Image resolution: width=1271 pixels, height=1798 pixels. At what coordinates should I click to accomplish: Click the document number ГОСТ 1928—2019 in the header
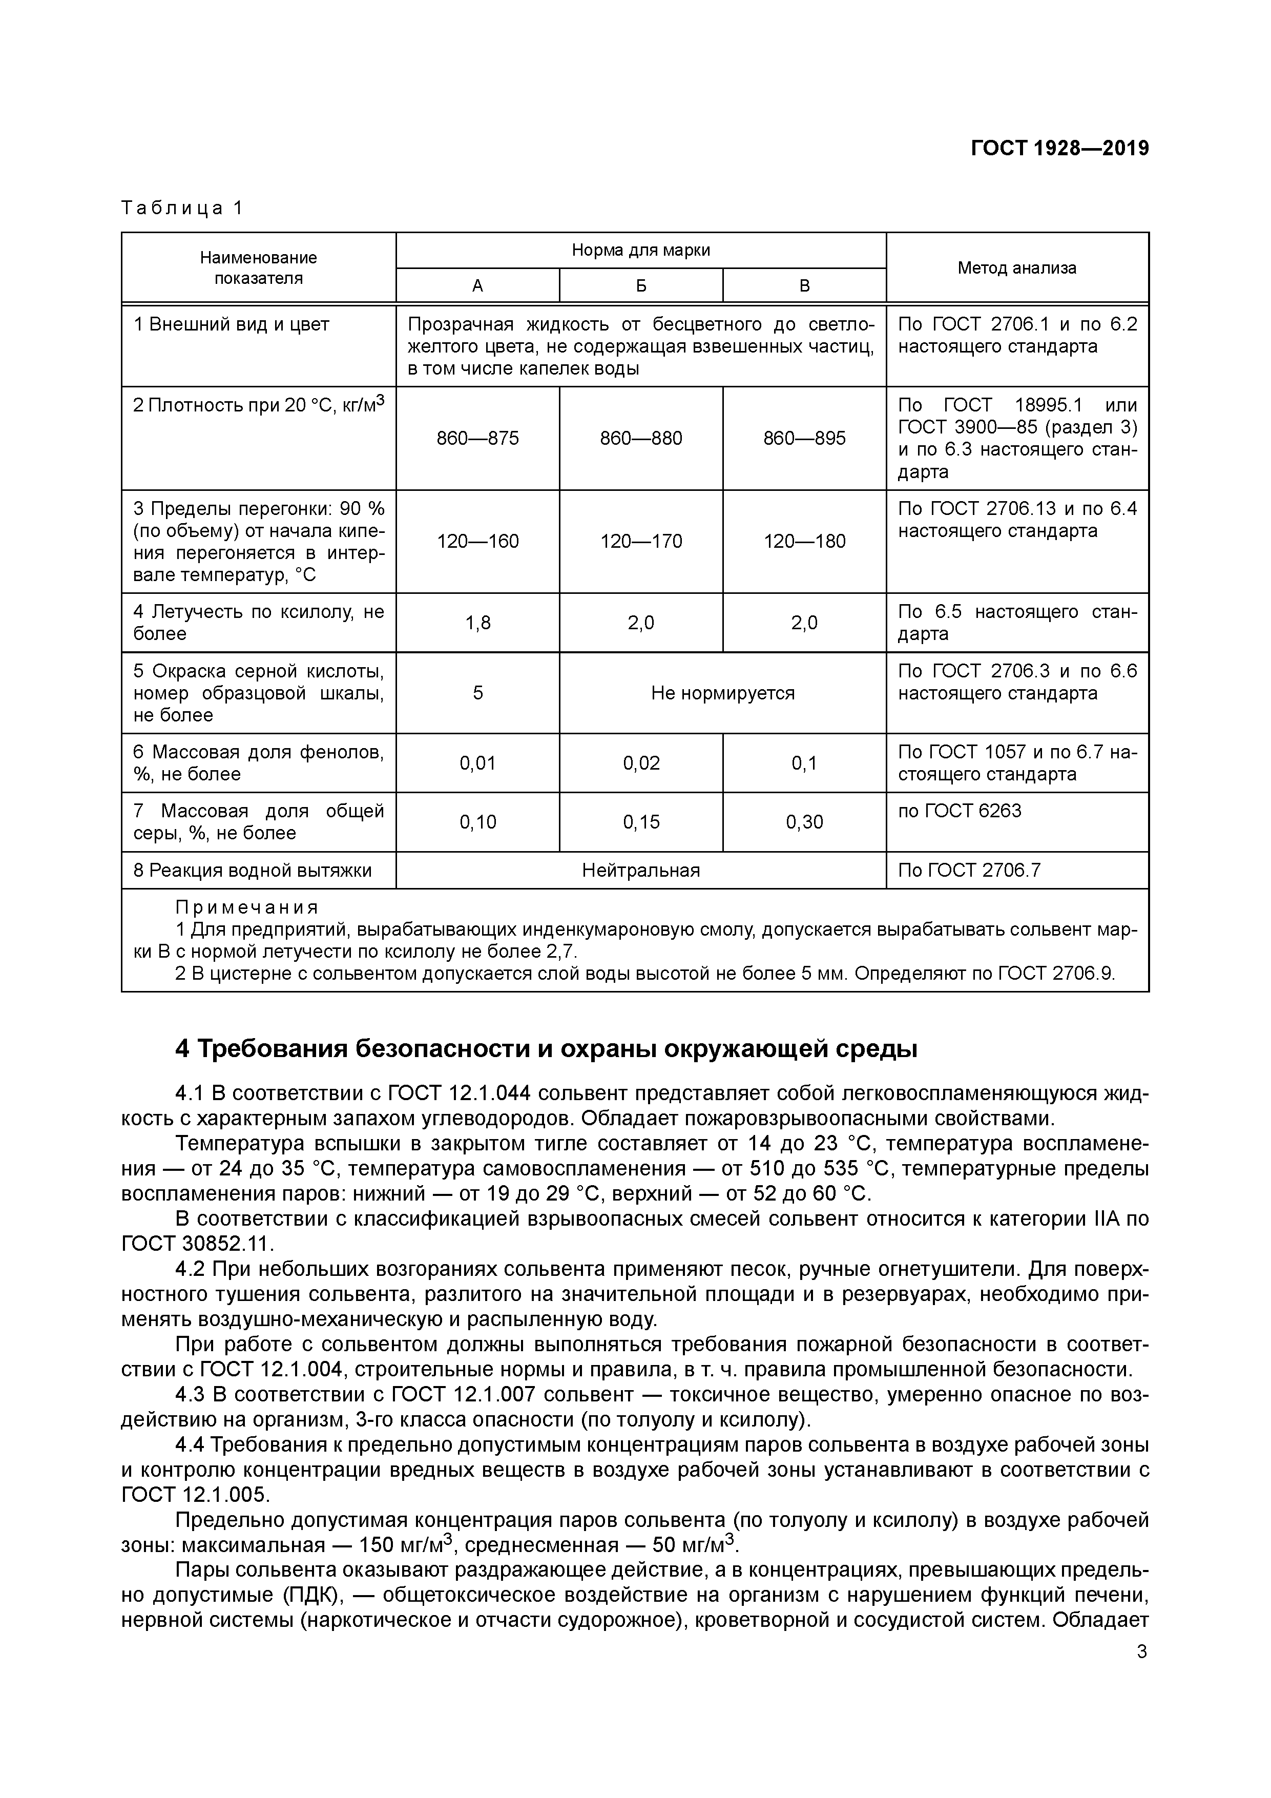coord(1059,148)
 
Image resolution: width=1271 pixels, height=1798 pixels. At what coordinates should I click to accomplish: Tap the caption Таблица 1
coord(182,208)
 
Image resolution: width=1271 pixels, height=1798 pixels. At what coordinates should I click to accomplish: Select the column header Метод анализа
coord(1016,268)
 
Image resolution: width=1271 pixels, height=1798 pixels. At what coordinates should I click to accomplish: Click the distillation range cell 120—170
coord(640,541)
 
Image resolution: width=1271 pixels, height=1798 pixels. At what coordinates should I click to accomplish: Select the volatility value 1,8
coord(477,623)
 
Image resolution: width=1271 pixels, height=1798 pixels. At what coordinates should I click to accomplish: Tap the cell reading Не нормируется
coord(722,693)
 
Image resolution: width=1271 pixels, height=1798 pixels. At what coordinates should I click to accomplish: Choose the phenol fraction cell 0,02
coord(640,763)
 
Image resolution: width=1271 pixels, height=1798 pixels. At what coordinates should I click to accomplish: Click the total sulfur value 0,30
coord(804,821)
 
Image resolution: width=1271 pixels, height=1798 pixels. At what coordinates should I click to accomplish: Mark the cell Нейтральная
coord(640,870)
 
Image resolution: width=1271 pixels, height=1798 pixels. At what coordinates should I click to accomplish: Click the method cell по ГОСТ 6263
coord(960,811)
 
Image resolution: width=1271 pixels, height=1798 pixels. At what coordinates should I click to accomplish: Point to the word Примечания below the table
coord(247,907)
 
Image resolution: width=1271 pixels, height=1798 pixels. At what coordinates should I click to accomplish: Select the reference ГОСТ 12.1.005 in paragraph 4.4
coord(194,1495)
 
